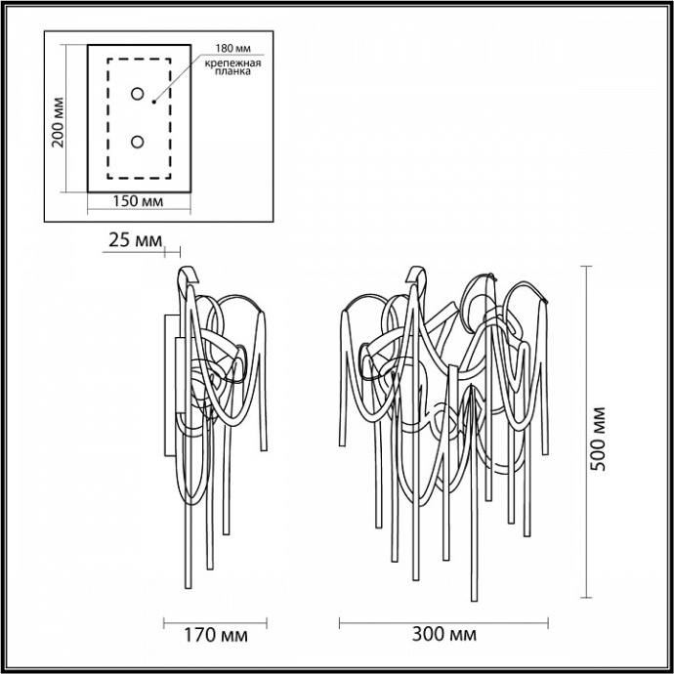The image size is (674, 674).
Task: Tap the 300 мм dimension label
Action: [x=445, y=635]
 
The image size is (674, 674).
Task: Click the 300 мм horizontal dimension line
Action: [x=445, y=619]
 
